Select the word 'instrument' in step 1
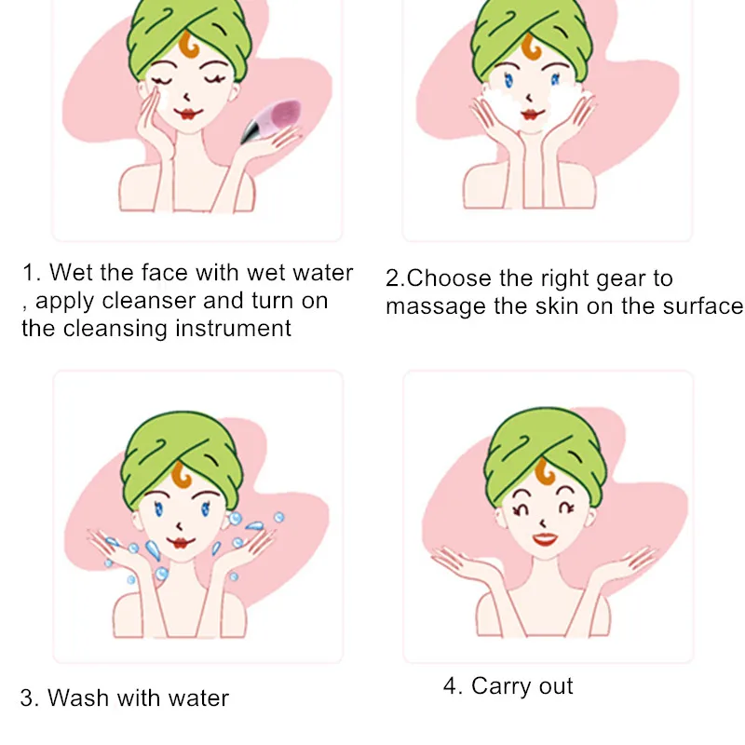(233, 329)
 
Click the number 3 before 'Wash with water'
(28, 698)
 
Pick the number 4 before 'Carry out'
(451, 686)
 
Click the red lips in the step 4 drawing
(545, 539)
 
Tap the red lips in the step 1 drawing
(188, 114)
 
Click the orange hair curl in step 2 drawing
(531, 47)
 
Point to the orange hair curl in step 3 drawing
(181, 475)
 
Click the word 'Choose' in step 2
(449, 278)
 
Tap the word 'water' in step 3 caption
(198, 698)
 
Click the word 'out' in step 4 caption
(556, 687)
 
